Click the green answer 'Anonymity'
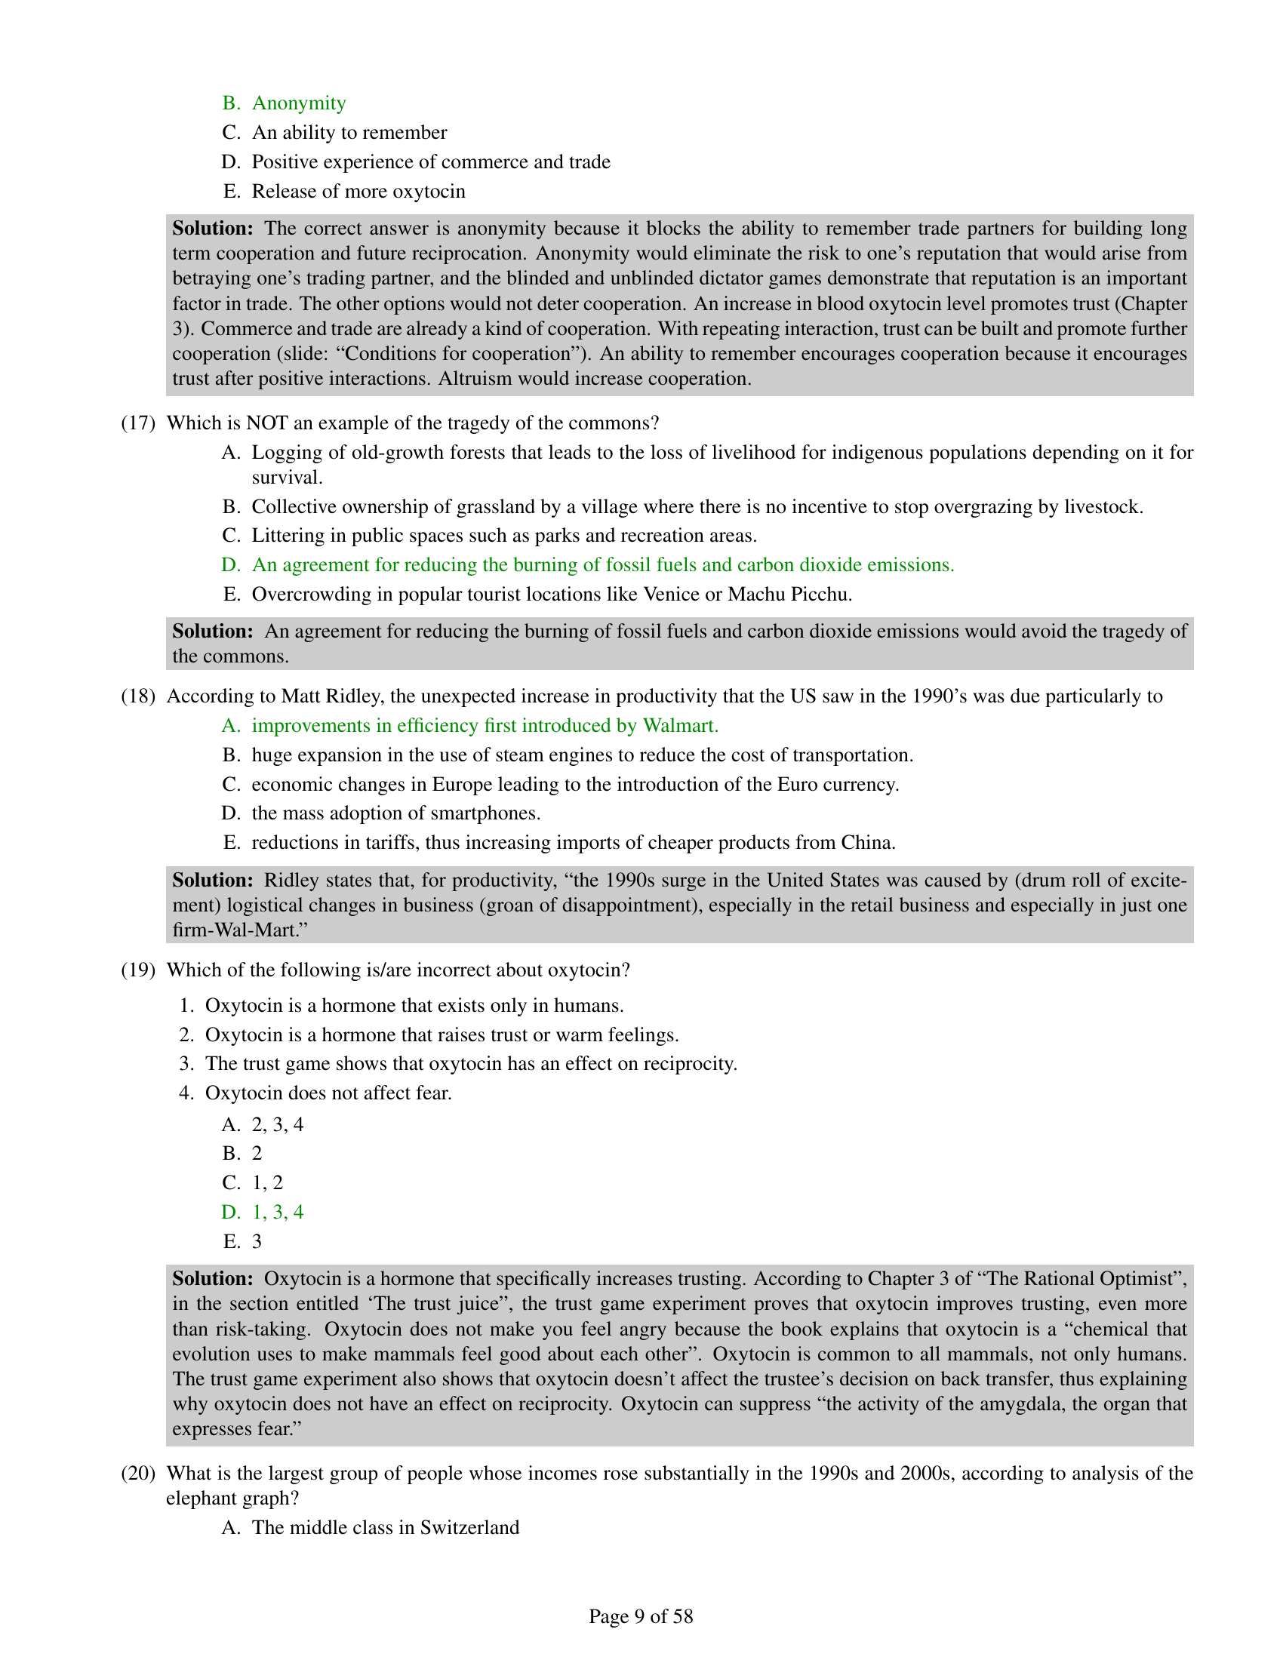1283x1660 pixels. pyautogui.click(x=298, y=103)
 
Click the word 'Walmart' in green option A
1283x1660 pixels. pyautogui.click(x=679, y=725)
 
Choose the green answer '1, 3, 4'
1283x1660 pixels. pyautogui.click(x=278, y=1212)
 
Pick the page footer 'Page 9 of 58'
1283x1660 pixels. pyautogui.click(x=641, y=1616)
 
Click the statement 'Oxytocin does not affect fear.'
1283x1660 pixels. pyautogui.click(x=328, y=1093)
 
